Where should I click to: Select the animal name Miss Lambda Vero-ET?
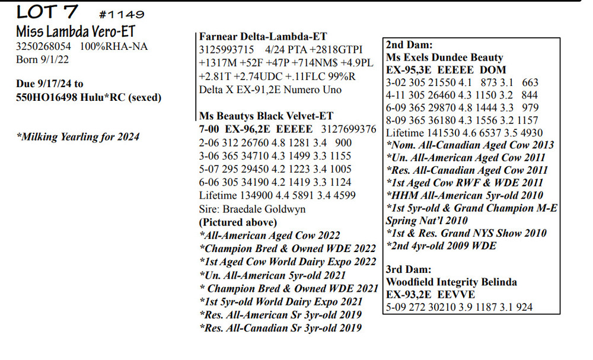[x=70, y=31]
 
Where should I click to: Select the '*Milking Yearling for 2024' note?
[x=78, y=137]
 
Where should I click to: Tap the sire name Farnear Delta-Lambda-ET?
[x=263, y=37]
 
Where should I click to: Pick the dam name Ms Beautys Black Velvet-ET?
[x=266, y=116]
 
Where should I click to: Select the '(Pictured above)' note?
[x=238, y=222]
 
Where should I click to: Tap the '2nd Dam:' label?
[x=409, y=44]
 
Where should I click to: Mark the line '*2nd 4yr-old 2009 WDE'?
[x=441, y=246]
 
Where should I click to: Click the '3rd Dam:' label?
[x=409, y=269]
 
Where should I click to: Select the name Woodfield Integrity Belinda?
[x=451, y=282]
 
